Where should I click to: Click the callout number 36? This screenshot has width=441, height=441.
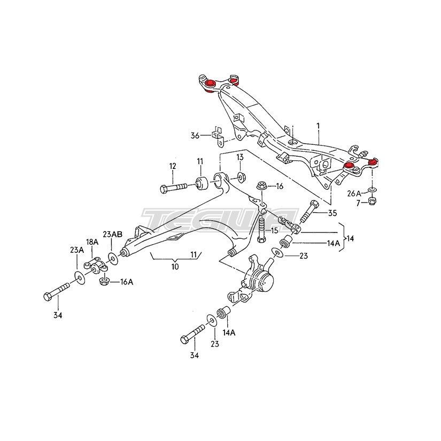click(195, 136)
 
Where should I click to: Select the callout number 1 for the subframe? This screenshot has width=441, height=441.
click(318, 126)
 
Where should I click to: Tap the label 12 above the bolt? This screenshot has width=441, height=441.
click(173, 166)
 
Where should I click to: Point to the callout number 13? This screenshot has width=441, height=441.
click(240, 157)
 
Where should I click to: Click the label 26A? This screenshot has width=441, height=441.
click(354, 194)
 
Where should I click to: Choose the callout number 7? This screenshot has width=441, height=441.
click(358, 203)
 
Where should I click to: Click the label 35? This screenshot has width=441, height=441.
click(332, 213)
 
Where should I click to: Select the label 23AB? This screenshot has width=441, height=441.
click(112, 234)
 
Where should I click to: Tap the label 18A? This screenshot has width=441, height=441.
click(92, 242)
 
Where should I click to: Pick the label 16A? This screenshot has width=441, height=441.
click(127, 282)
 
